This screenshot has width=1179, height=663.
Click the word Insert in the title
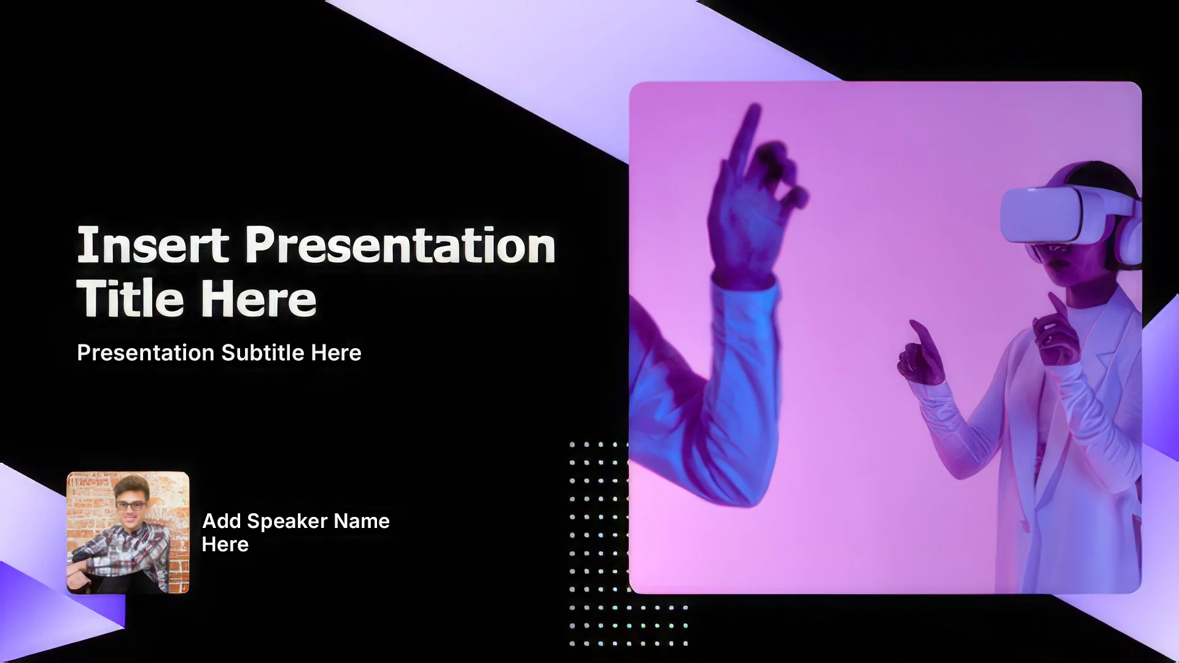(153, 245)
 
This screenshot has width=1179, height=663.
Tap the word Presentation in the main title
(400, 245)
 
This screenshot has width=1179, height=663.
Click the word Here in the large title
(259, 298)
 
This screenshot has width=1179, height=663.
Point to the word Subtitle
(263, 352)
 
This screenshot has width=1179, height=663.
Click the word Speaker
(287, 521)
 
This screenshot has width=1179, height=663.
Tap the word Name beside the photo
(362, 521)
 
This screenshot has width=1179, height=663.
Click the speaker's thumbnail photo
(128, 532)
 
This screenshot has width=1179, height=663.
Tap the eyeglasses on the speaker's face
(131, 506)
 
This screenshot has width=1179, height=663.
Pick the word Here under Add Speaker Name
(225, 545)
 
